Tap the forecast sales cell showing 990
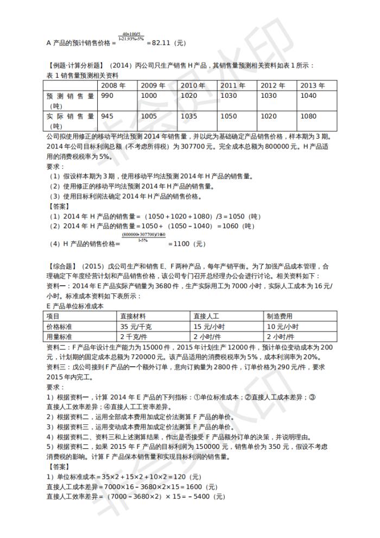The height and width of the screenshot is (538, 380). click(x=107, y=96)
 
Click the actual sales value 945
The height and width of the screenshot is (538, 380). click(x=107, y=116)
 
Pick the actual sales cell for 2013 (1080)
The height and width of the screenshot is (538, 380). click(x=308, y=116)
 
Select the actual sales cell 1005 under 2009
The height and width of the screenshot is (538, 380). click(x=149, y=116)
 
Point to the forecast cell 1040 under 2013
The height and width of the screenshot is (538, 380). click(x=308, y=96)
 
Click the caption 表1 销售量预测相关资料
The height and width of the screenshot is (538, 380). click(x=82, y=76)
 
